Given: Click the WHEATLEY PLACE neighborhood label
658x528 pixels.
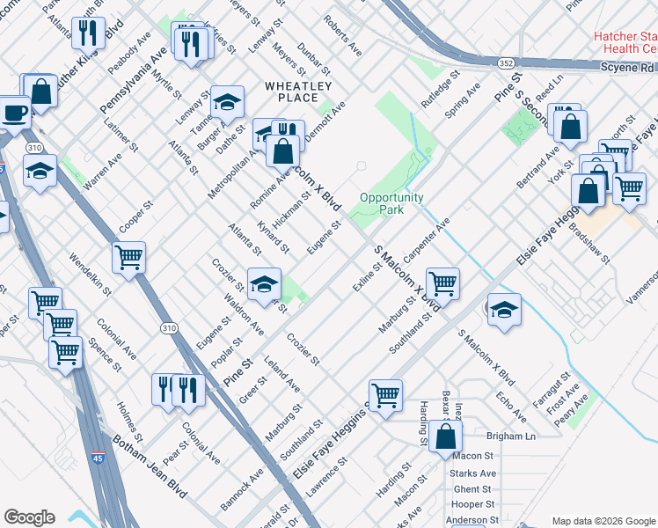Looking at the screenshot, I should [x=298, y=92].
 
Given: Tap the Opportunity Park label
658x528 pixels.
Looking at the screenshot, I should [x=391, y=204].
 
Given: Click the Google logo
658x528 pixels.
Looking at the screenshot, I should [x=29, y=517].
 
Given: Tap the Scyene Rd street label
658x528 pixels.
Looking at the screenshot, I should [x=629, y=67].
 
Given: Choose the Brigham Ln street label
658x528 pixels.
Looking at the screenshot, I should [x=511, y=436].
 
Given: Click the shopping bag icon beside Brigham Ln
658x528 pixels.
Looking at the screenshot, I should [x=446, y=436].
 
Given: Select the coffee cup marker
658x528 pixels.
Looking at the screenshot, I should [x=14, y=113].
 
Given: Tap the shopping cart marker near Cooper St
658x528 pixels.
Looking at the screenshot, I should [x=128, y=258].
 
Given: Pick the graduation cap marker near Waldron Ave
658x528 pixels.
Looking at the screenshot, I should [x=264, y=283].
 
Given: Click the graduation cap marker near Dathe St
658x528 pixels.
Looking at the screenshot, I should [x=228, y=102].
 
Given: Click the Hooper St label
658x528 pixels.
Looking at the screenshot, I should [x=472, y=504].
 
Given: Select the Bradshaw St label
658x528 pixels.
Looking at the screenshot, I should [x=589, y=239].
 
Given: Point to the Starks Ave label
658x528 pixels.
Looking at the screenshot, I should [x=473, y=473].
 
